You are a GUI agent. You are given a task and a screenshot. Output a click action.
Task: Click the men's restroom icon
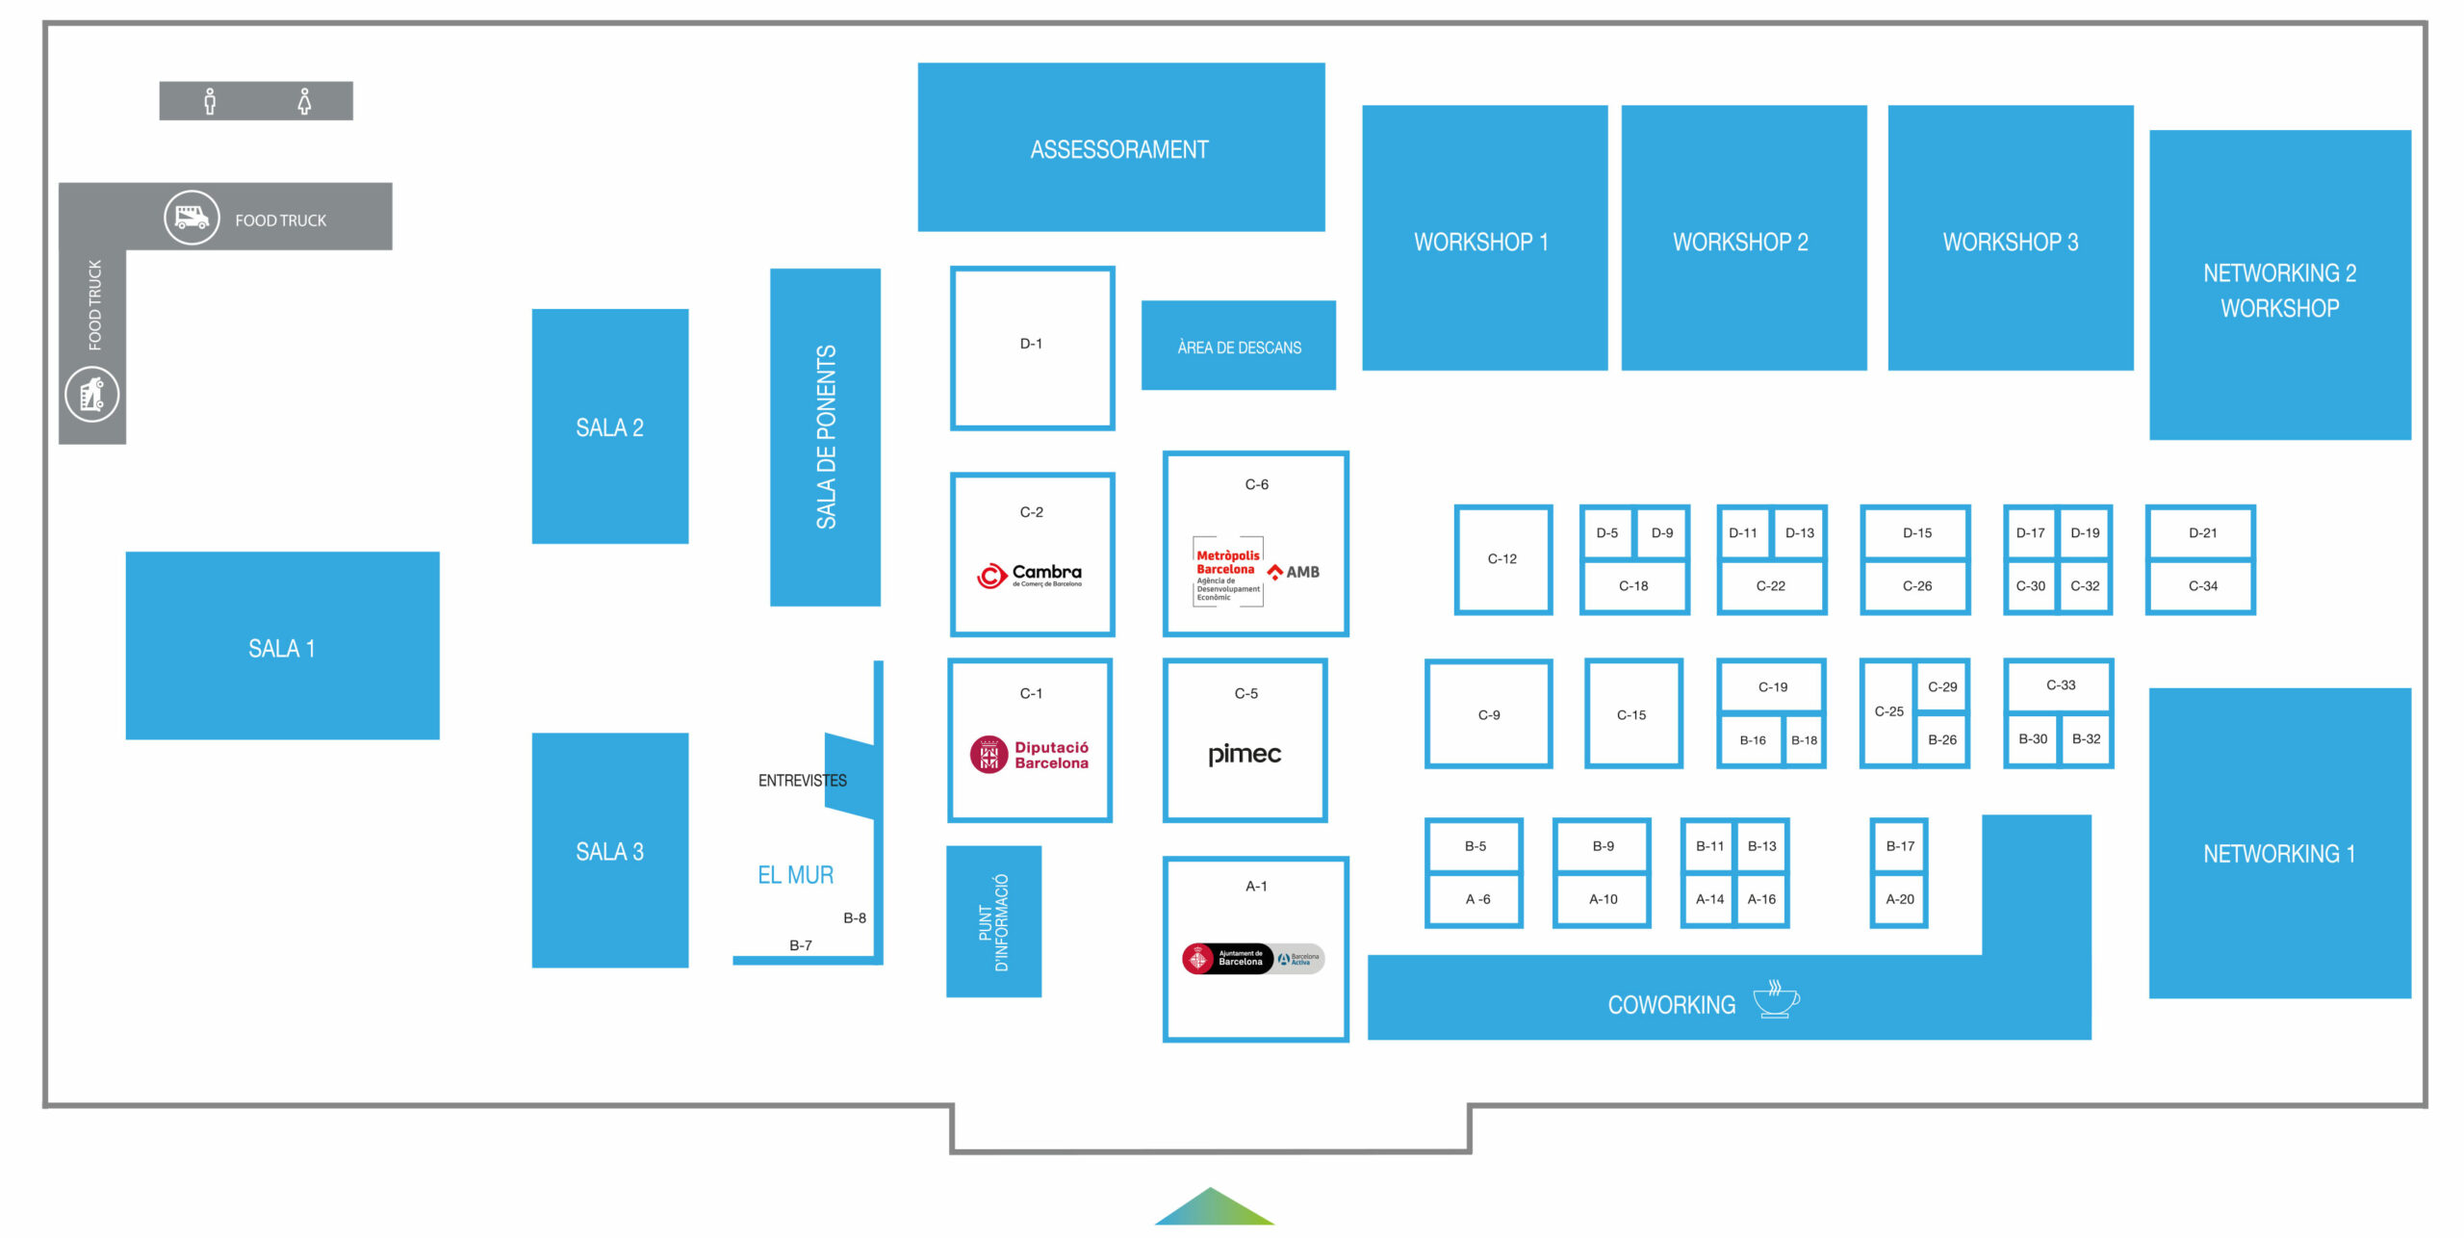tap(210, 101)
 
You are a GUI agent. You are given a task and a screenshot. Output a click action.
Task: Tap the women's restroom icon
tap(304, 101)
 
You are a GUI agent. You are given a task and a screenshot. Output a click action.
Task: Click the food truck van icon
tap(192, 218)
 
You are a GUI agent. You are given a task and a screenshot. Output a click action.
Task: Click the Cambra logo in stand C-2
tap(1030, 576)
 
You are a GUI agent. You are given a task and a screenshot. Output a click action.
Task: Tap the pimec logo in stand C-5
tap(1245, 754)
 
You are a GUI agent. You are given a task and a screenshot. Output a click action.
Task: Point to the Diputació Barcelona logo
tap(1030, 755)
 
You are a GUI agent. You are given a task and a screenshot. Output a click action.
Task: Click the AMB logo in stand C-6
tap(1294, 572)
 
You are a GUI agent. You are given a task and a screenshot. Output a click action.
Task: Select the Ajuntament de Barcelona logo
tap(1227, 959)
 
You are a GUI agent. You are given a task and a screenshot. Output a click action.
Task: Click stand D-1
tap(1032, 348)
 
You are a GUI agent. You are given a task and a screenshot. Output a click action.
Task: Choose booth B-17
tap(1899, 846)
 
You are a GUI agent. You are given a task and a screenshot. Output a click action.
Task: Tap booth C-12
tap(1502, 559)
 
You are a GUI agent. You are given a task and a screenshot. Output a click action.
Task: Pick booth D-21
tap(2202, 532)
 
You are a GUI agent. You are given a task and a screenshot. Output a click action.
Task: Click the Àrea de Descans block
tap(1239, 346)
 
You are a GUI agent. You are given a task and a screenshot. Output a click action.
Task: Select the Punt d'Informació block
tap(993, 921)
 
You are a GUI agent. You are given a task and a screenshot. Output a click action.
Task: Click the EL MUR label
tap(795, 875)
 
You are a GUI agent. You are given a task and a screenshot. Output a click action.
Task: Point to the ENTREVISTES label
tap(802, 781)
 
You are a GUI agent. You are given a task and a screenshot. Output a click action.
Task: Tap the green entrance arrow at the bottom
tap(1214, 1208)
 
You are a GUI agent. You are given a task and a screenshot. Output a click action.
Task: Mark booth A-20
tap(1899, 899)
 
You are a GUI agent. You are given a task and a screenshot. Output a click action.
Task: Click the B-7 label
tap(801, 945)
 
